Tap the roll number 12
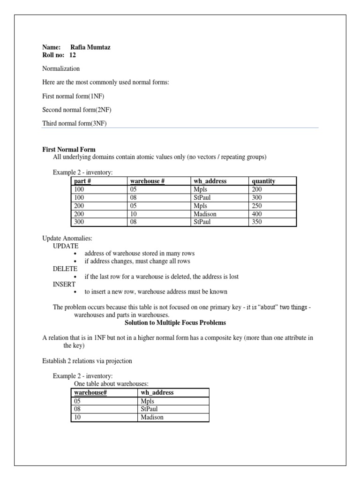pos(72,55)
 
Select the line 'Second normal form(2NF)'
pos(77,110)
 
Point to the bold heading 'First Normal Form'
pos(69,150)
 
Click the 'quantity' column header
pos(263,181)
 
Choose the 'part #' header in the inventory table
pos(83,181)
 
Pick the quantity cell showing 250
pos(257,206)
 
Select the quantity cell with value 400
pos(257,214)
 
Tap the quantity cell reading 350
pos(257,222)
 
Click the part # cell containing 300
pos(80,222)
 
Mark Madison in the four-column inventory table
pos(205,214)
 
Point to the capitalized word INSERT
pos(64,284)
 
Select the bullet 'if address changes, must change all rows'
pos(137,261)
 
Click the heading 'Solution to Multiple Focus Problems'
pos(175,323)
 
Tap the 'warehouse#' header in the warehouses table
pos(90,392)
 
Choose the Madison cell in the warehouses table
pos(152,417)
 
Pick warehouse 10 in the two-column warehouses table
pos(78,417)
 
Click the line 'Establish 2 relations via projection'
pos(87,361)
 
